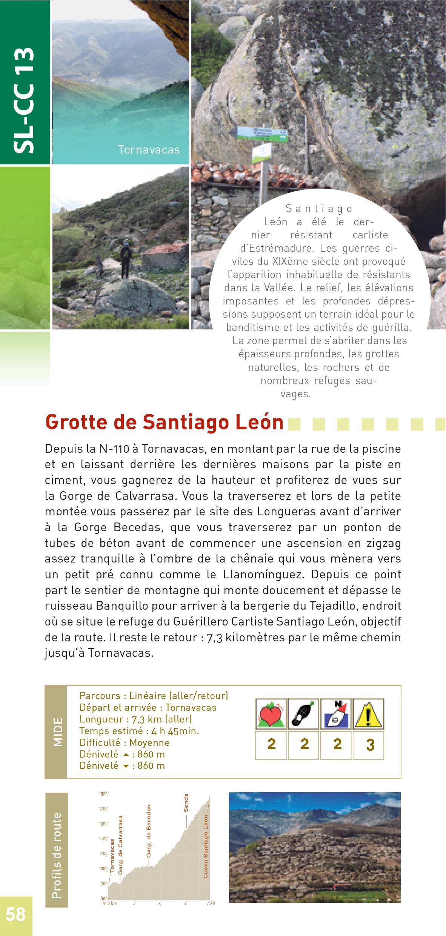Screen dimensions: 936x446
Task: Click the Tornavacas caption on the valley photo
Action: click(149, 150)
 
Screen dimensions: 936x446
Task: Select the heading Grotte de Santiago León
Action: click(164, 422)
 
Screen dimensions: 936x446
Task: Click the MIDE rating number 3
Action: click(370, 745)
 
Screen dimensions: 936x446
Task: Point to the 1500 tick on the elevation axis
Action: click(103, 794)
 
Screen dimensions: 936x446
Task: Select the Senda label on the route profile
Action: click(186, 802)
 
